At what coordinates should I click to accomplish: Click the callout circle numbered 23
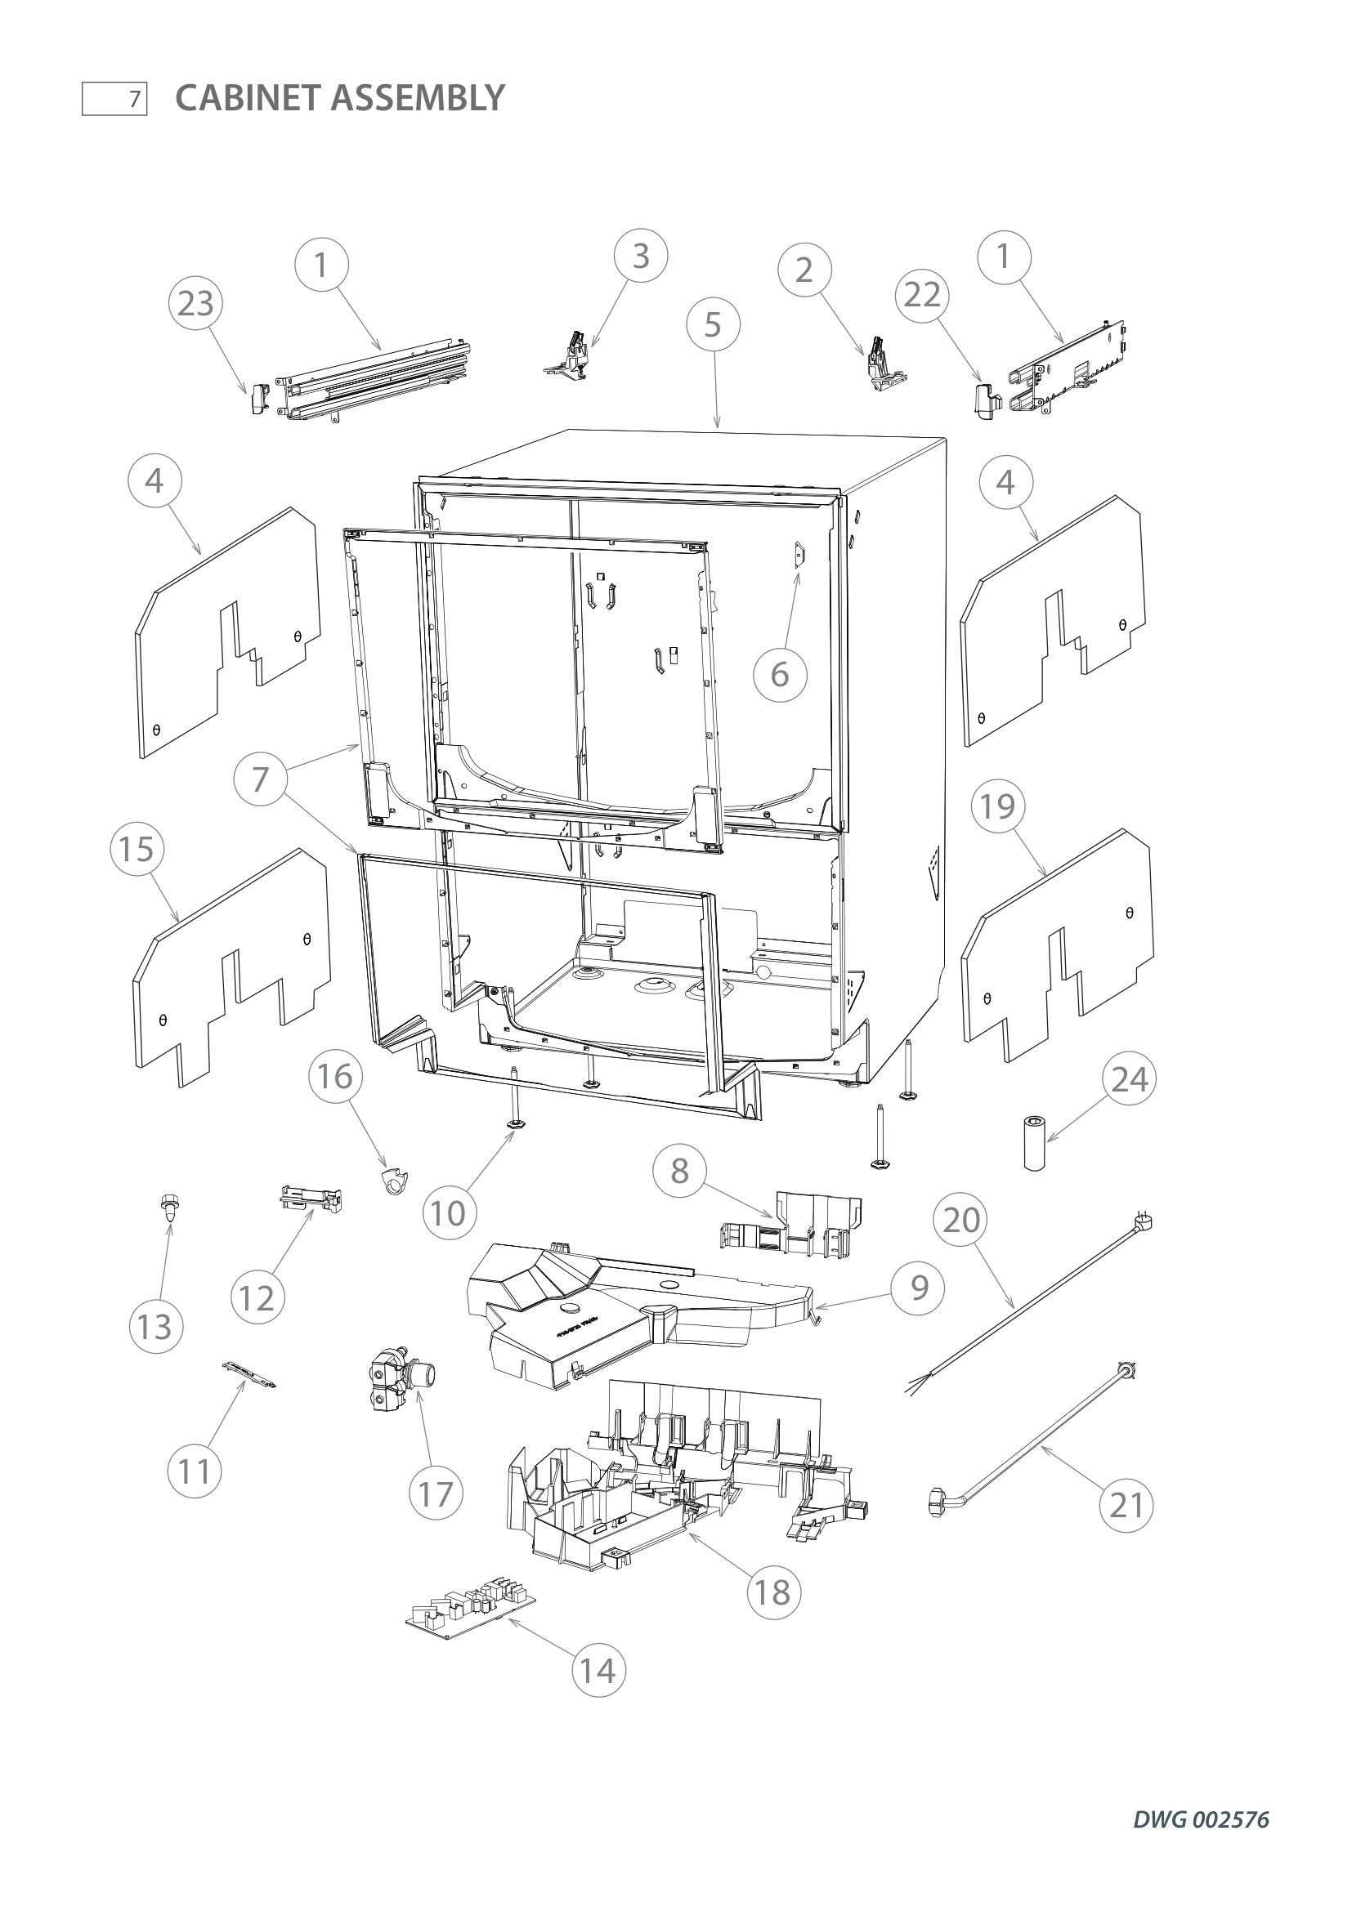(195, 304)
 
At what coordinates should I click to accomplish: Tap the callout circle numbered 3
(640, 257)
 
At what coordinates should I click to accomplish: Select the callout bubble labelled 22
(921, 295)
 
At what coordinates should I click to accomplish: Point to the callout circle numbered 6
(779, 674)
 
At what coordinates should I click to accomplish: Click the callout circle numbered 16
(335, 1076)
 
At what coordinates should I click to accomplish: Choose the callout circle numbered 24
(1129, 1078)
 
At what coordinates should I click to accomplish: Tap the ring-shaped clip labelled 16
(392, 1181)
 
